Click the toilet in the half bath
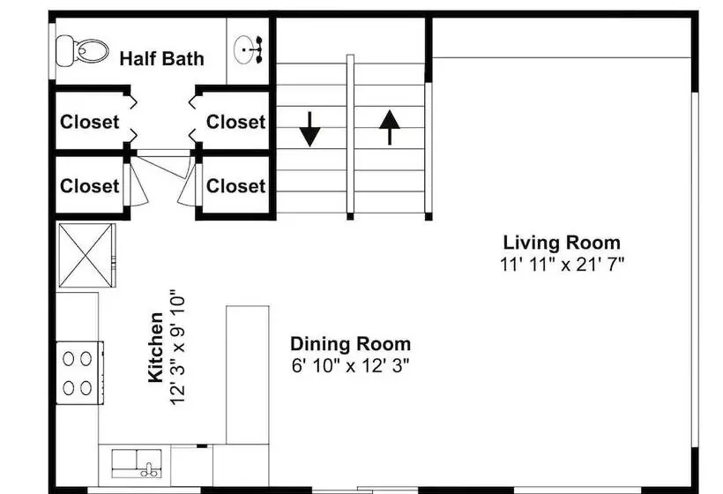tap(82, 50)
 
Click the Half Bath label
tap(162, 58)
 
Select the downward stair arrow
tap(309, 129)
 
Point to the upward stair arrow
tap(390, 127)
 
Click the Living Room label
tap(562, 243)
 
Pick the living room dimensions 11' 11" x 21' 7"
tap(562, 265)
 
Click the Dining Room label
tap(350, 344)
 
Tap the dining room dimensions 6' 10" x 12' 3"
tap(350, 366)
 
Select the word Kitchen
tap(156, 348)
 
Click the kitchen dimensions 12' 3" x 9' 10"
tap(177, 348)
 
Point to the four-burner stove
tap(79, 372)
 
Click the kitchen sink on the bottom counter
tap(137, 463)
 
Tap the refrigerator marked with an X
tap(86, 255)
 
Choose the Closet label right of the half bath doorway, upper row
tap(235, 123)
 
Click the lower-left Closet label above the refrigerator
tap(89, 186)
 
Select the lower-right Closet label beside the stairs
tap(235, 186)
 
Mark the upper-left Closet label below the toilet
tap(89, 123)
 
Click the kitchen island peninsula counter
tap(248, 375)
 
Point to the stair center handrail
tap(350, 137)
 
